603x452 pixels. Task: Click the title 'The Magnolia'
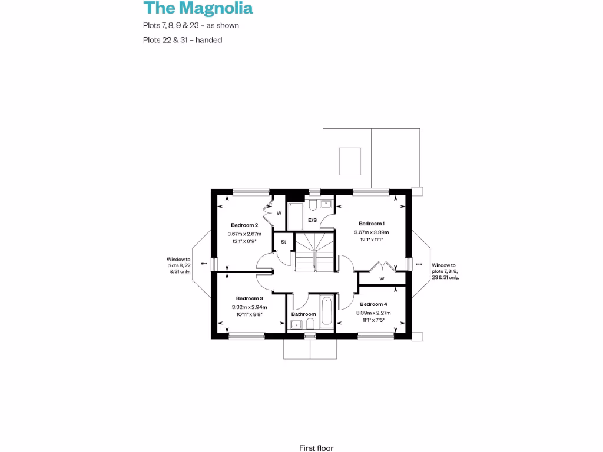pos(198,8)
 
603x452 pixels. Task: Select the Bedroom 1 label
pos(372,224)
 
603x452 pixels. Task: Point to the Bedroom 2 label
pos(244,225)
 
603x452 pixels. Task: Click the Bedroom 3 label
pos(249,298)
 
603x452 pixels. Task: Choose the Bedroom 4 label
pos(373,304)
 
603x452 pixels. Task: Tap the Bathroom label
pos(304,314)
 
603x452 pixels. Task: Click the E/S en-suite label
pos(313,221)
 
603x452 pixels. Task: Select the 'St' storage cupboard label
pos(283,242)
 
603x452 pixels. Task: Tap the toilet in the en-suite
pos(313,204)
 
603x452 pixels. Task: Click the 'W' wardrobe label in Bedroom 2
pos(279,212)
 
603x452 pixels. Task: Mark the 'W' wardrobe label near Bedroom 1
pos(382,278)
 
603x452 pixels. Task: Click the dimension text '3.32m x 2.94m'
pos(249,307)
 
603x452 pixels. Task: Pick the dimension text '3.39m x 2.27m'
pos(373,313)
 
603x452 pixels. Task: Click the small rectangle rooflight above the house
pos(350,159)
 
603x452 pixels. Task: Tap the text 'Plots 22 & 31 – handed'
pos(182,41)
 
